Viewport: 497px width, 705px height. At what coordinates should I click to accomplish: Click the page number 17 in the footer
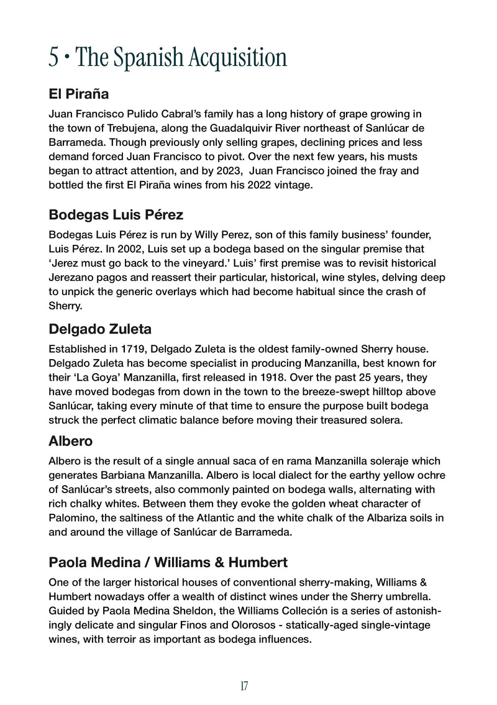tap(244, 686)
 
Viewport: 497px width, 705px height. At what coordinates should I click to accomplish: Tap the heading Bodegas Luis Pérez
tap(116, 216)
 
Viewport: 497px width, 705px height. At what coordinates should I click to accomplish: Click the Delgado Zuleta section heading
tap(100, 329)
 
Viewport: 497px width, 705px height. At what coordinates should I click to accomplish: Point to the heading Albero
tap(70, 441)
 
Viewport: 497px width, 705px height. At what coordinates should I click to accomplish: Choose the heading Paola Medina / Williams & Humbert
tap(168, 563)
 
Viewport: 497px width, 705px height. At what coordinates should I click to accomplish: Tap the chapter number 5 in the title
tap(55, 58)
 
